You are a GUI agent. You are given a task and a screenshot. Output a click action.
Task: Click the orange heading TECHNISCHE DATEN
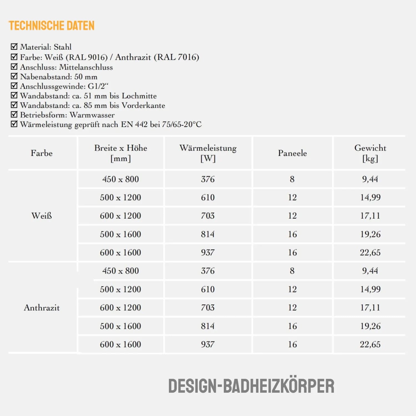click(x=52, y=26)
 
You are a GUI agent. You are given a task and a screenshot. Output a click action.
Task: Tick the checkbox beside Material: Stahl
click(x=14, y=47)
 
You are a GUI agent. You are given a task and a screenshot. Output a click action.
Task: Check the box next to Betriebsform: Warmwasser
click(x=14, y=114)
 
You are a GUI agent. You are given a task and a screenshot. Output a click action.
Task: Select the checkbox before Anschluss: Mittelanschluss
click(x=14, y=67)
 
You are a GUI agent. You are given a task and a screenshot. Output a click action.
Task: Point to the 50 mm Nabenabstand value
click(x=86, y=77)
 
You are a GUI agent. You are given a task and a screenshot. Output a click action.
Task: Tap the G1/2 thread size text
click(x=98, y=86)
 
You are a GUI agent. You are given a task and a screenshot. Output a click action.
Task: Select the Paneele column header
click(x=292, y=153)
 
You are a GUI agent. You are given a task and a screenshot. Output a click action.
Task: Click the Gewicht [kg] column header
click(x=370, y=153)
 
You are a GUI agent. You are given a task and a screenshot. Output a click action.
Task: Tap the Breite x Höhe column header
click(x=121, y=153)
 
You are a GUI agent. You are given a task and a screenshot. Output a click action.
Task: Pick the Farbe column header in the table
click(x=42, y=153)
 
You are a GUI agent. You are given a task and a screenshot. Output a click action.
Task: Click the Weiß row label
click(x=42, y=216)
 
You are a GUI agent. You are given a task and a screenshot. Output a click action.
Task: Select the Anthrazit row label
click(x=42, y=308)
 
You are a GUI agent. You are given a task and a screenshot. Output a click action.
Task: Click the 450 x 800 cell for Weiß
click(x=121, y=179)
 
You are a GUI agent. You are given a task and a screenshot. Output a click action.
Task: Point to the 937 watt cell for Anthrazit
click(x=208, y=344)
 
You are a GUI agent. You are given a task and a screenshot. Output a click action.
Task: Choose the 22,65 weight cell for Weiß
click(x=370, y=253)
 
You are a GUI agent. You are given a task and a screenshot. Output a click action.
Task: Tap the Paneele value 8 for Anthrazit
click(x=292, y=271)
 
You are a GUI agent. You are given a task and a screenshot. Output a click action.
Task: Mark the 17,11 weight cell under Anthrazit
click(x=370, y=308)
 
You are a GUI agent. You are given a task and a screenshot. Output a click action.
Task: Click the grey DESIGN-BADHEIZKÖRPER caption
click(x=251, y=386)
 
